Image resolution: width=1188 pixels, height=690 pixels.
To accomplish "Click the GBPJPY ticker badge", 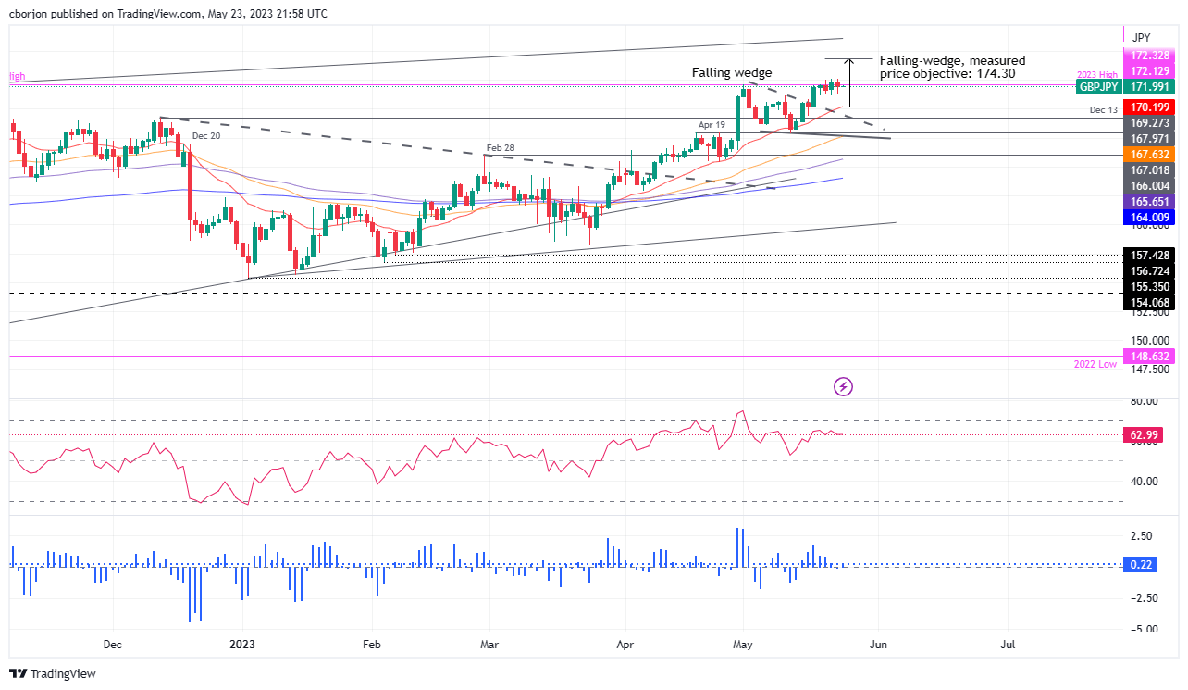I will [1098, 86].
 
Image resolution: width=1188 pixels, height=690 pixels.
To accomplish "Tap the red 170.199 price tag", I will [1146, 107].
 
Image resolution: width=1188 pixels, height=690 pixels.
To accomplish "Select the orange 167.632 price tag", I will [1146, 155].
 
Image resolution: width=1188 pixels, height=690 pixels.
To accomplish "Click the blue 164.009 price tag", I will [1146, 218].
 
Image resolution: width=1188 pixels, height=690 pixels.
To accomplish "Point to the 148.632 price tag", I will [1146, 356].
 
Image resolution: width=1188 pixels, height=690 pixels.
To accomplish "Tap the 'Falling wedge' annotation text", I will [731, 72].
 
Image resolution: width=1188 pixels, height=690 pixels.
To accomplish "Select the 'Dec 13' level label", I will [1098, 109].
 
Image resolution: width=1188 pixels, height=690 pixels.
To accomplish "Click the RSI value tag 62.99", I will [1146, 433].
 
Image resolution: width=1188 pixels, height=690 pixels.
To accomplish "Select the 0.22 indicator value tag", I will [1146, 564].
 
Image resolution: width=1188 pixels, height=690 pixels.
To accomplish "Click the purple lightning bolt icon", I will [842, 386].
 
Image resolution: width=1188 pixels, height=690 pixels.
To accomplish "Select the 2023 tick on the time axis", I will [243, 644].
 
